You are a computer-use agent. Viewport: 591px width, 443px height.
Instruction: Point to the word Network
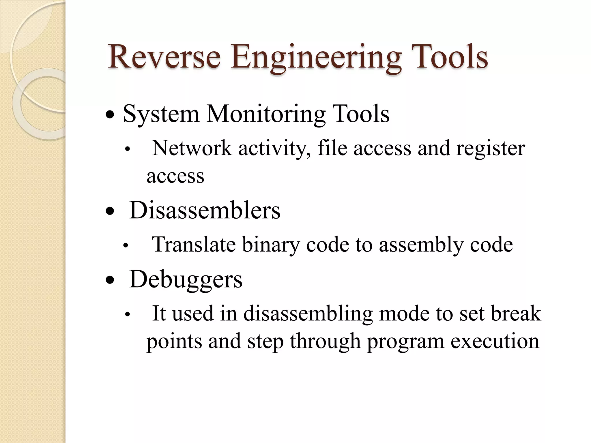pos(192,148)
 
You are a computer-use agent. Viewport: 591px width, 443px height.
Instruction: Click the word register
pos(491,149)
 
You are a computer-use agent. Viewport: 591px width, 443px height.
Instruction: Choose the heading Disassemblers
pos(205,210)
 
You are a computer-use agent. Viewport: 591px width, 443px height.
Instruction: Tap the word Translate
pos(194,245)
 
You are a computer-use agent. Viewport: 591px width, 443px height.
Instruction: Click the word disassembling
pos(308,314)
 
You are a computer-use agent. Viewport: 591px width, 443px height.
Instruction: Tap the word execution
pos(495,341)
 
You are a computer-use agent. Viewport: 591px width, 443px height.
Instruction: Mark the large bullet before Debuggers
pos(110,280)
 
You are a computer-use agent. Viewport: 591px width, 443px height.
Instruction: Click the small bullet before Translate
pos(125,246)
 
